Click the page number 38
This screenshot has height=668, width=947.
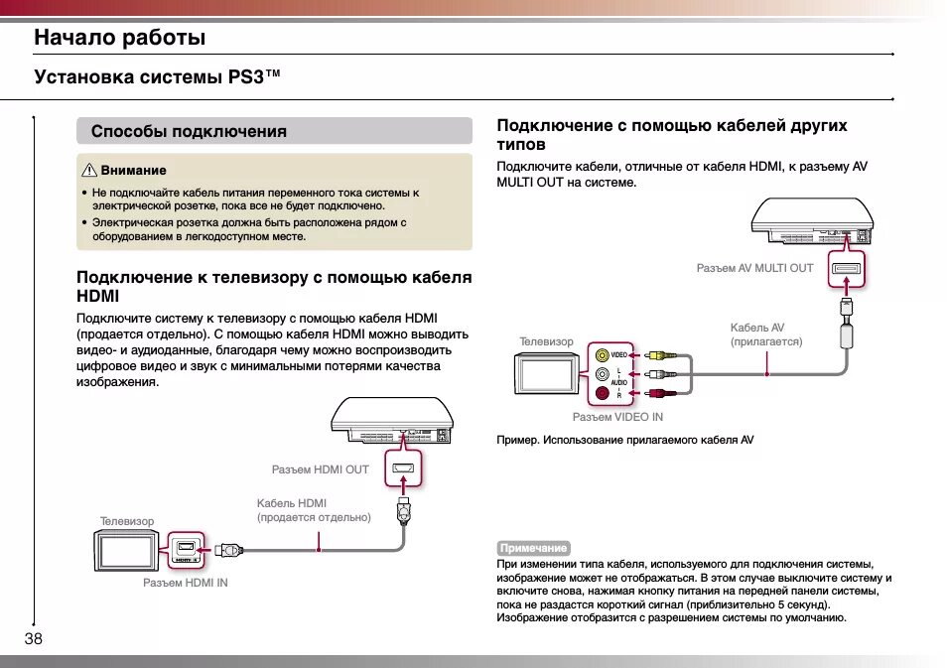34,638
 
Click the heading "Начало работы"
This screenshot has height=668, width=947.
119,38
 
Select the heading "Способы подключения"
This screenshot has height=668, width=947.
189,131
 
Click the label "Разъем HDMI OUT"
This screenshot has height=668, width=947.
320,469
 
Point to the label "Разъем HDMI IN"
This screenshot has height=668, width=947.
185,583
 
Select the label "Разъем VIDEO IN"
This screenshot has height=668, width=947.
616,417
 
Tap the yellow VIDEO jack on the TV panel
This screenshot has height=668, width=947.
603,354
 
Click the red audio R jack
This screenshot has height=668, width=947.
603,393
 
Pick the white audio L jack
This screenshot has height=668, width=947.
603,374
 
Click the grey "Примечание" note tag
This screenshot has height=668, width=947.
534,548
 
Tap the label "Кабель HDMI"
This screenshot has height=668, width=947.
291,503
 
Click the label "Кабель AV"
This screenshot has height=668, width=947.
756,328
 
